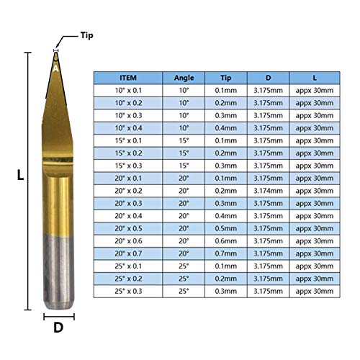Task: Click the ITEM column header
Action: [127, 78]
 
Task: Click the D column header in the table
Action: [269, 78]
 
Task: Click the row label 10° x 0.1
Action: [127, 91]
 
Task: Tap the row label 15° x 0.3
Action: [127, 166]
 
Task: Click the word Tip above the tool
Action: [86, 35]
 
